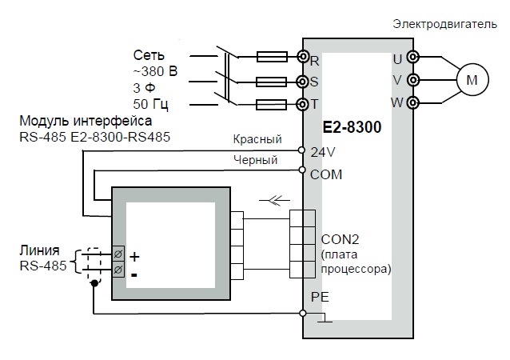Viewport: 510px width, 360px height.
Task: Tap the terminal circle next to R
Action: (x=303, y=57)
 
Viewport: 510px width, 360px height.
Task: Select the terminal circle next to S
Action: (x=302, y=82)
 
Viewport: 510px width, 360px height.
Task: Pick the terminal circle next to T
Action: (x=302, y=105)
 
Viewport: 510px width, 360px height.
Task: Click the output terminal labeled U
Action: (x=413, y=58)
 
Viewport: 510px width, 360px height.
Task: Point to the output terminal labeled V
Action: (x=413, y=80)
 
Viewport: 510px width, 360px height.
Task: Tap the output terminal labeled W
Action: (x=413, y=103)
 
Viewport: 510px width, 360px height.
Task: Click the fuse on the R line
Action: (x=272, y=57)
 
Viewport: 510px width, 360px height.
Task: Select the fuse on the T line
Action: (x=271, y=105)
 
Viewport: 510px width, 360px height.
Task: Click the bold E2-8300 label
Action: (x=352, y=127)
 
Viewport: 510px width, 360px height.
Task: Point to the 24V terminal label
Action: (x=323, y=152)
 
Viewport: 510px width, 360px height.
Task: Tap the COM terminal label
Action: (x=326, y=174)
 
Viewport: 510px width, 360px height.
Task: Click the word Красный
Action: (x=257, y=139)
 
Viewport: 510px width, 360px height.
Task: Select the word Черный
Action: (x=255, y=160)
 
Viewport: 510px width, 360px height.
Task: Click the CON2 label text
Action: (x=340, y=239)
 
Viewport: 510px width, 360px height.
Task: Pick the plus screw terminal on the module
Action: (x=118, y=254)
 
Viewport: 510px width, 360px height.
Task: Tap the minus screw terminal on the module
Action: (x=118, y=269)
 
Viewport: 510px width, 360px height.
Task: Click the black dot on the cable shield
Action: (x=94, y=283)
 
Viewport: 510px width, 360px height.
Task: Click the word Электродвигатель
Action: (x=444, y=25)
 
